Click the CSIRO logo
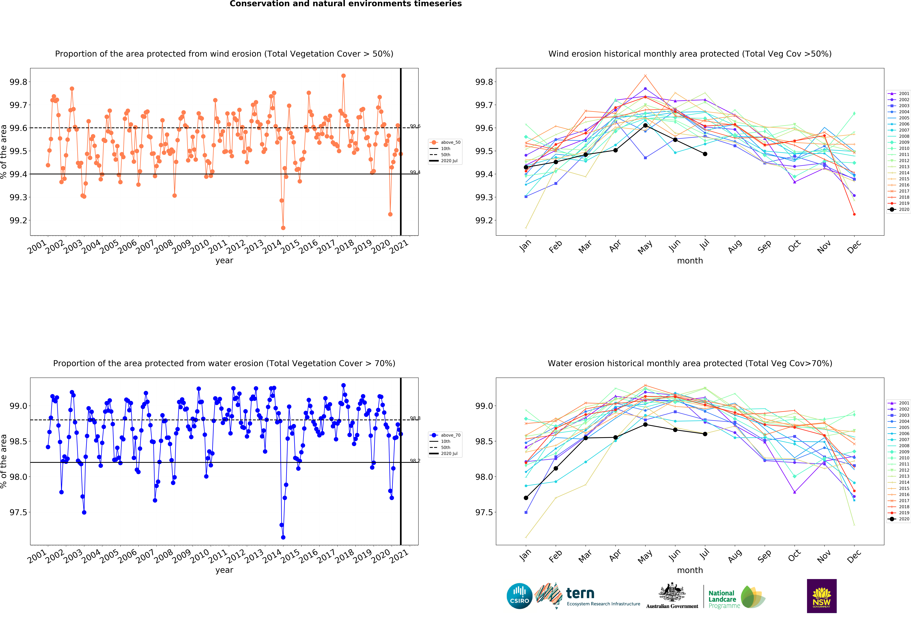519,596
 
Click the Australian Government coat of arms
672,593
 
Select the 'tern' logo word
580,593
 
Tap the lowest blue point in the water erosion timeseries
283,537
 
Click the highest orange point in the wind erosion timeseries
343,76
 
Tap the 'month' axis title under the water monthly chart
690,570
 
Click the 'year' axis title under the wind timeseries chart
224,261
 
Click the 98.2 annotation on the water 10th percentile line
415,461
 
